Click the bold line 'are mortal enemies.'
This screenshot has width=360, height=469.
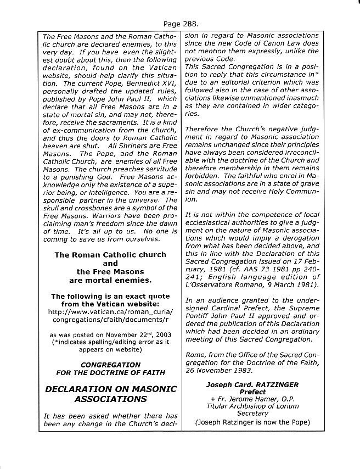(110, 280)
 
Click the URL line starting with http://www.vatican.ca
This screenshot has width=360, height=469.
(110, 311)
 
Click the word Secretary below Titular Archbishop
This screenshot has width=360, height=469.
(252, 413)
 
